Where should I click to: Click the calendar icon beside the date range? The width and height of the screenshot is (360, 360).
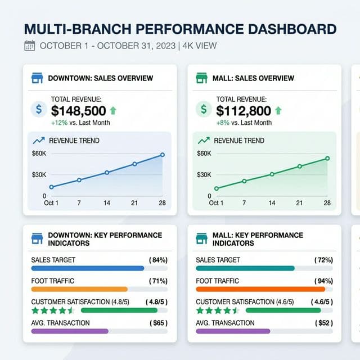(x=30, y=46)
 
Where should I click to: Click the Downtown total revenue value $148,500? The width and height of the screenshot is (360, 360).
(x=78, y=111)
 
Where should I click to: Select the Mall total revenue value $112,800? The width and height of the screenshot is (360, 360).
(x=244, y=111)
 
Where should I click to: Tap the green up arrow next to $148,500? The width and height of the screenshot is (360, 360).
(x=112, y=111)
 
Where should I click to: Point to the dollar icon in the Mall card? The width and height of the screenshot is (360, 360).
(x=203, y=109)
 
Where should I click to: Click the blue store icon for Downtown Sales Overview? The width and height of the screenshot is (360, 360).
(x=37, y=78)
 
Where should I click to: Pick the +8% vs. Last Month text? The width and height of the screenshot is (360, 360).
(x=244, y=123)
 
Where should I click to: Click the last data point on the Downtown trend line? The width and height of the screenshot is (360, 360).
(x=163, y=155)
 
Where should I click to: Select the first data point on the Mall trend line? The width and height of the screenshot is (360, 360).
(x=217, y=189)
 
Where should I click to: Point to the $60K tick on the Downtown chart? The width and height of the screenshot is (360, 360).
(x=39, y=154)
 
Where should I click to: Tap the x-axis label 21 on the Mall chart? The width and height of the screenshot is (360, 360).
(x=299, y=202)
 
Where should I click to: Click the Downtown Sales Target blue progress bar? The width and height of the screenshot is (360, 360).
(x=88, y=268)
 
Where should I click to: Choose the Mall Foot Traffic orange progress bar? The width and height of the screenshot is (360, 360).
(x=260, y=289)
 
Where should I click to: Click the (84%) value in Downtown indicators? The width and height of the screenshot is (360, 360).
(x=158, y=260)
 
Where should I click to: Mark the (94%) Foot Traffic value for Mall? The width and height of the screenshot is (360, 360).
(x=323, y=281)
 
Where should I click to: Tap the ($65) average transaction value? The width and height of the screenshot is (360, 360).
(x=159, y=323)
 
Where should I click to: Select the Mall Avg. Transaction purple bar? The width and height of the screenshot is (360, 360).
(x=233, y=331)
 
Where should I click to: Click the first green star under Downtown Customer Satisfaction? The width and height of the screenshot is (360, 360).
(x=35, y=310)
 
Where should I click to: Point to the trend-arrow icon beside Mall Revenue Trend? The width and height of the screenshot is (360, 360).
(x=204, y=140)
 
